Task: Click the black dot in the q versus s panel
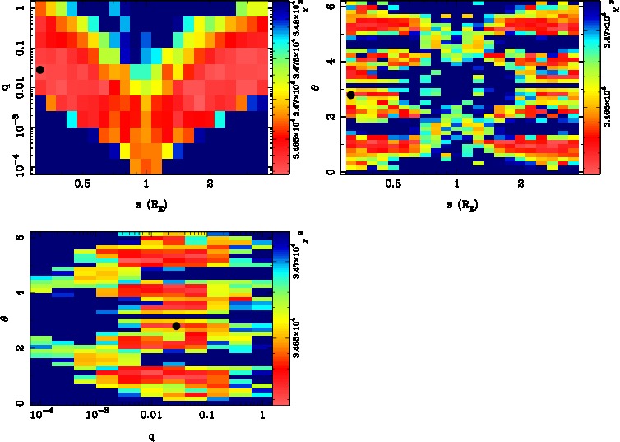coord(39,70)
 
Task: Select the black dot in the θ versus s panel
coord(351,95)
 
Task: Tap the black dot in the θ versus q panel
coord(176,326)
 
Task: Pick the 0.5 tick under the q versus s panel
coord(82,184)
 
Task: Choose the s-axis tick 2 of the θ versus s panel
coord(521,184)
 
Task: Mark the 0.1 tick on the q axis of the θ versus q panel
coord(206,416)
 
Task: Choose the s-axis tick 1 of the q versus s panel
coord(146,184)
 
